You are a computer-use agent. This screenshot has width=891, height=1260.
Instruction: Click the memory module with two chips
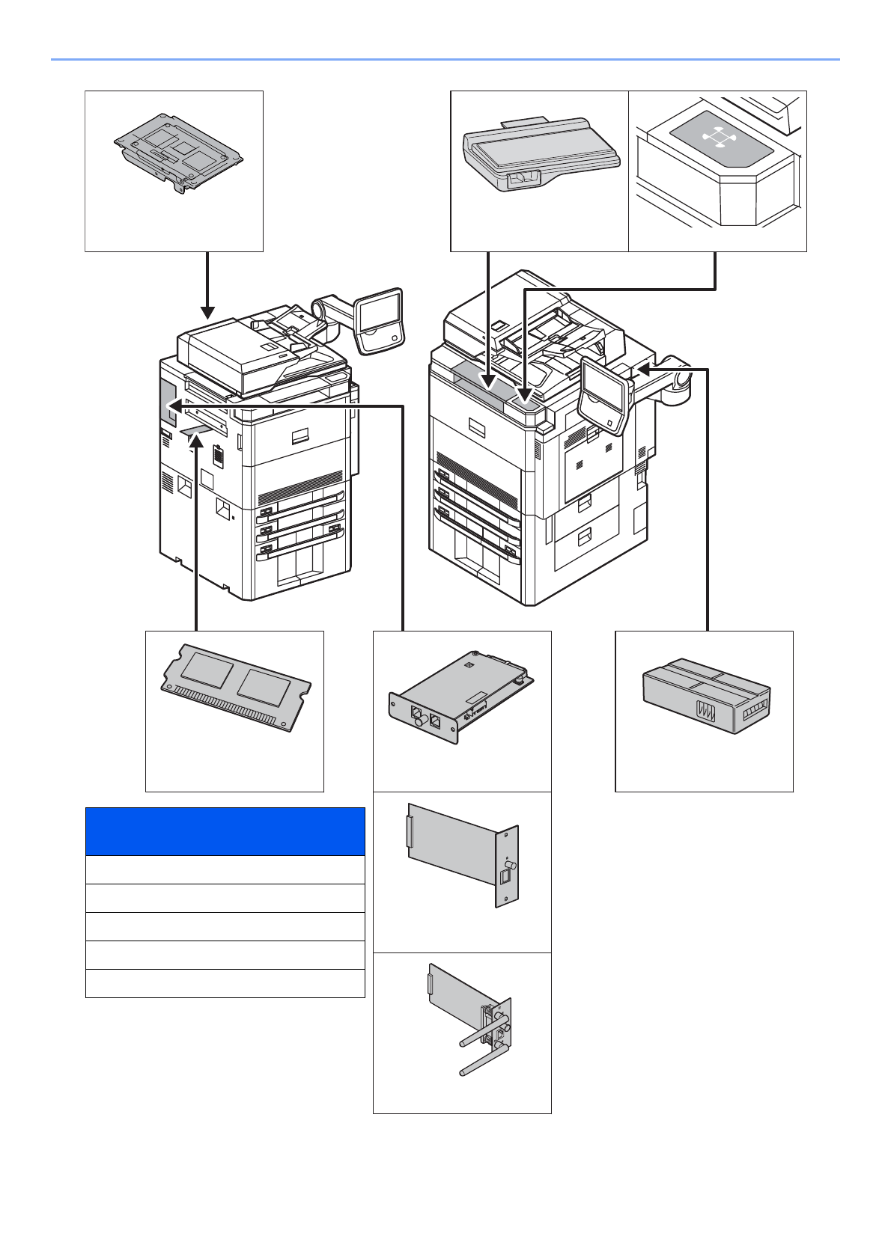pyautogui.click(x=236, y=686)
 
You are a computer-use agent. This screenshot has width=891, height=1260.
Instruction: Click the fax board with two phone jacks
pyautogui.click(x=460, y=697)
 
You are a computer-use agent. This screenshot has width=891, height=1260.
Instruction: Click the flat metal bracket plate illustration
pyautogui.click(x=178, y=153)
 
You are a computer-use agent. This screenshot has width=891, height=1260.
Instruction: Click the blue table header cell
pyautogui.click(x=225, y=831)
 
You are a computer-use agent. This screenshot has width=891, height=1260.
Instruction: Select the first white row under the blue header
pyautogui.click(x=225, y=870)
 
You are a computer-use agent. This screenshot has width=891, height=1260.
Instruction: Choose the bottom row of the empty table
pyautogui.click(x=225, y=983)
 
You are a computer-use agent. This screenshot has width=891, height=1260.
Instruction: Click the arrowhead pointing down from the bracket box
pyautogui.click(x=207, y=312)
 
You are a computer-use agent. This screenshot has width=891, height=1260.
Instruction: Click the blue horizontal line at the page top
pyautogui.click(x=445, y=59)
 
